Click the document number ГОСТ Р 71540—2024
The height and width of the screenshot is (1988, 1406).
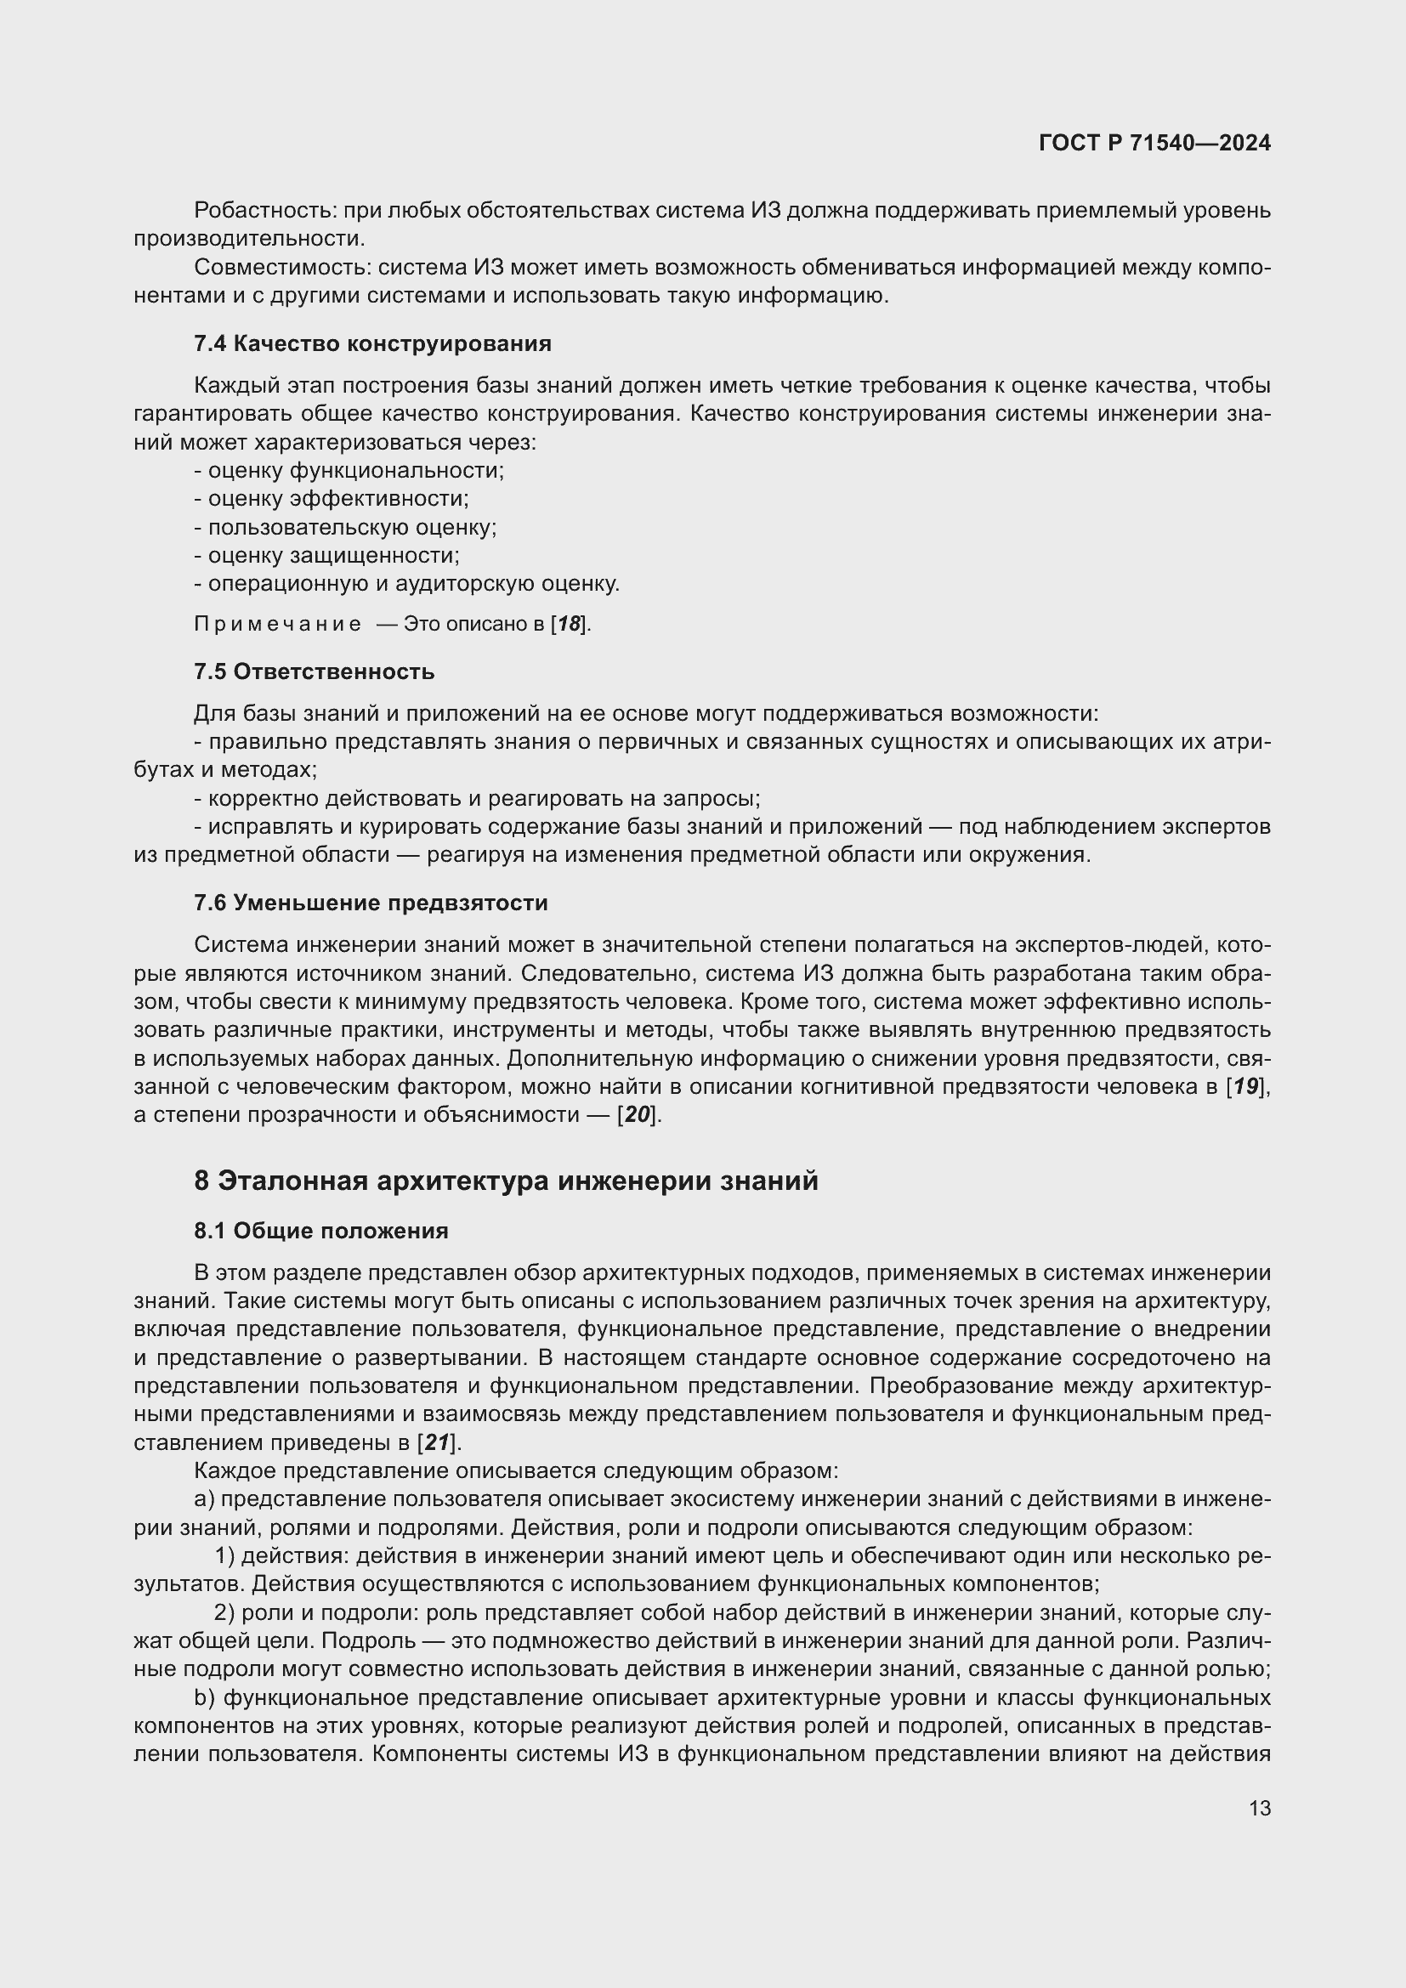click(1154, 143)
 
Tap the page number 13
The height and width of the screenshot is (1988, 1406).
click(1260, 1808)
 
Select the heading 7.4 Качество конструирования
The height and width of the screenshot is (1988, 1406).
click(372, 343)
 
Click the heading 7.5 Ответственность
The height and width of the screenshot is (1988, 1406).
click(314, 672)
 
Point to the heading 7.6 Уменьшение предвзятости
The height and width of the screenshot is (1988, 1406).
click(371, 903)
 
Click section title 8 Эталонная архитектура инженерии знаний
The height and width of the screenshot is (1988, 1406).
click(506, 1181)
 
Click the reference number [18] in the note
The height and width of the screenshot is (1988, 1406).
click(570, 625)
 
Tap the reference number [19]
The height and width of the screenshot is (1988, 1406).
click(1248, 1087)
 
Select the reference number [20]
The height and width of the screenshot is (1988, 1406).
click(638, 1115)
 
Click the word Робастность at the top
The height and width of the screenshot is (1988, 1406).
click(264, 211)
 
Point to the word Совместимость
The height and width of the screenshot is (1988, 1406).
click(282, 268)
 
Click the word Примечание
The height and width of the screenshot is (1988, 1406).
click(277, 625)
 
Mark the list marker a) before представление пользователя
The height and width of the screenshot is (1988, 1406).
click(204, 1499)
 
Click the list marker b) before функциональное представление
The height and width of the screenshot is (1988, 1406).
click(204, 1698)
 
